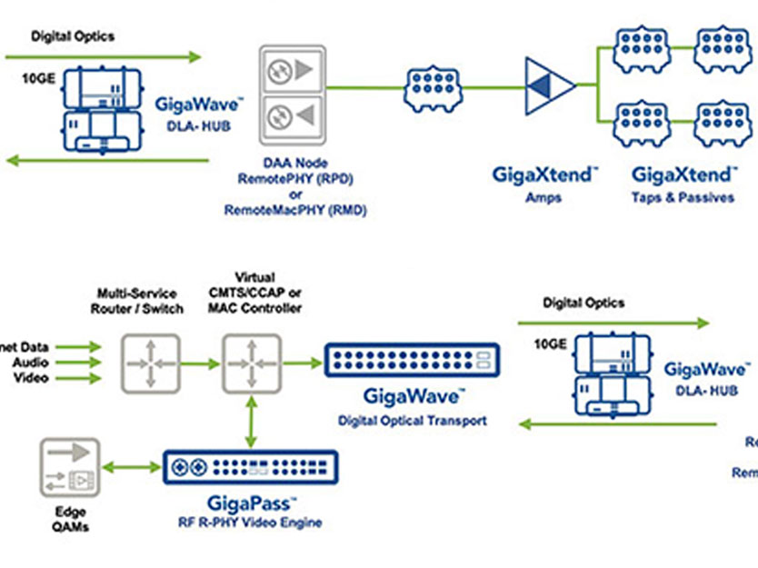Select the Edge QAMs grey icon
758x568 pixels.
pos(70,467)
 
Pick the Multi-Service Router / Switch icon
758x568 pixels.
pos(152,363)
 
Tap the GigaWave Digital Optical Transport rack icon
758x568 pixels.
pos(412,361)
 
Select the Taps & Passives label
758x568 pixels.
pos(683,196)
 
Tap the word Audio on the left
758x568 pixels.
pos(31,363)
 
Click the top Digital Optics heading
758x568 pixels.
pos(74,36)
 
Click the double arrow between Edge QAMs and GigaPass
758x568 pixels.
pos(131,467)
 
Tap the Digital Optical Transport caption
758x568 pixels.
pos(412,421)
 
